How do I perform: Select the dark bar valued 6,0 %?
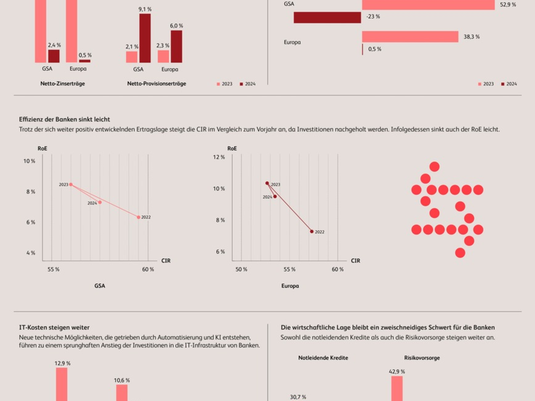click(x=177, y=46)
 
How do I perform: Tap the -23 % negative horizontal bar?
click(x=327, y=17)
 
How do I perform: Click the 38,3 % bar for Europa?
click(x=410, y=37)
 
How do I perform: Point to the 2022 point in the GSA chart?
click(x=139, y=217)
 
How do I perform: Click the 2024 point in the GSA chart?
click(x=100, y=202)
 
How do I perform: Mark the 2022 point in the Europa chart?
click(x=312, y=231)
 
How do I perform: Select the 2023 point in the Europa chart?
click(x=267, y=183)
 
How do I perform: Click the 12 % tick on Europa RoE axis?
click(x=219, y=157)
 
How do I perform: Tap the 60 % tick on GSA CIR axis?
click(x=148, y=270)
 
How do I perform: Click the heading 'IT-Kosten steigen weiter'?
click(x=54, y=327)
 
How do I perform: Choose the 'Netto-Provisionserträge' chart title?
click(x=156, y=83)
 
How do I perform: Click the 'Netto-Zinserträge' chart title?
click(x=62, y=83)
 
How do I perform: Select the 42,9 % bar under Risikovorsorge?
click(x=397, y=388)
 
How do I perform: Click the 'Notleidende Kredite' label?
click(x=323, y=358)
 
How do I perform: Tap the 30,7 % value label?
click(x=298, y=397)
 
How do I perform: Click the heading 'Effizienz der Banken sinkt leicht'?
click(x=65, y=119)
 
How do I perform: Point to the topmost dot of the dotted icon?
click(x=434, y=167)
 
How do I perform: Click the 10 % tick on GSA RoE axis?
click(x=29, y=161)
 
